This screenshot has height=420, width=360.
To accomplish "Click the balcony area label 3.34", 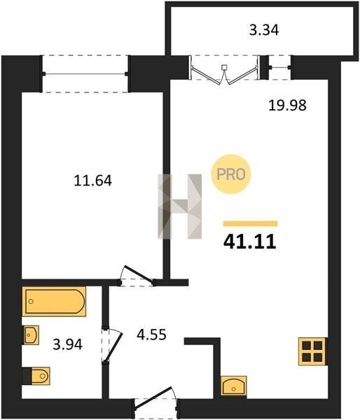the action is tap(264, 30).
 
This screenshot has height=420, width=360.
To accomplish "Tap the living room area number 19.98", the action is tap(287, 105).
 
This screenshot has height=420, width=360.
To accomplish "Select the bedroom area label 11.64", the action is tap(92, 181).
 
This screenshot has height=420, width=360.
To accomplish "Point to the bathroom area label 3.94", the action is tap(67, 344).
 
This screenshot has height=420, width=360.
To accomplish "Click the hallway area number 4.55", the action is tap(151, 335).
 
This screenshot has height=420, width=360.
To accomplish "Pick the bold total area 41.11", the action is tap(249, 241).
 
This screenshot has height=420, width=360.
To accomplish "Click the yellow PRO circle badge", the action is tap(231, 174).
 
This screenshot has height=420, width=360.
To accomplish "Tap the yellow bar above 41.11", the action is tap(250, 223).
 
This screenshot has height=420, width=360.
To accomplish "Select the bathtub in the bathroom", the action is tap(54, 301).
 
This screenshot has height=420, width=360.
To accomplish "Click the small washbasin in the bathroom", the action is tap(31, 335).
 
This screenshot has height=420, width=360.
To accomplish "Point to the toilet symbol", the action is tap(36, 376).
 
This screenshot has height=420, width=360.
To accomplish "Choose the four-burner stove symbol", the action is tap(312, 351).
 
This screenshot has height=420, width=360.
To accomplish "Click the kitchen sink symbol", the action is tap(234, 386).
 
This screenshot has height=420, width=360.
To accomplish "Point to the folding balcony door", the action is tap(225, 72).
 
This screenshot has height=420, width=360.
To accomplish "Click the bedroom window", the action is tap(85, 73).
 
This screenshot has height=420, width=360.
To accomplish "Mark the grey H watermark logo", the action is tap(179, 206).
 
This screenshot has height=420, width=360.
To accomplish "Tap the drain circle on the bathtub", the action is tap(31, 301).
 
